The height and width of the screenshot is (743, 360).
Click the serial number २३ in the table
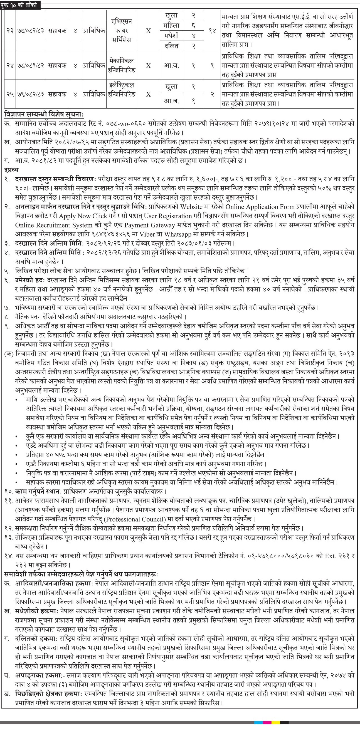click(x=10, y=31)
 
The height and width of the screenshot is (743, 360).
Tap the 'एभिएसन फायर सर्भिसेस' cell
click(x=122, y=31)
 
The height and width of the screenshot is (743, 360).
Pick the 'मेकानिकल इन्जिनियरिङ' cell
click(x=122, y=65)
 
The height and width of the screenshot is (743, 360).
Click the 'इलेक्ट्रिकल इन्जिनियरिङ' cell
click(x=122, y=90)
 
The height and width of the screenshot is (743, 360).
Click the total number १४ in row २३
click(x=212, y=31)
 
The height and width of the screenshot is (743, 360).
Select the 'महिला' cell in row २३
click(x=171, y=26)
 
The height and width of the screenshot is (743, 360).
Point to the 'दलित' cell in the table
click(x=171, y=46)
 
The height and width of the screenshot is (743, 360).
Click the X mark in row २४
click(x=148, y=66)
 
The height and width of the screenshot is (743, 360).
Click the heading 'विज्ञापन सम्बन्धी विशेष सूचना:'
click(x=44, y=115)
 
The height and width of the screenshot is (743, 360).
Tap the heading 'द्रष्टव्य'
click(x=11, y=170)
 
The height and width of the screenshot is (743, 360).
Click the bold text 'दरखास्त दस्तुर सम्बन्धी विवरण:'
click(x=55, y=179)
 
